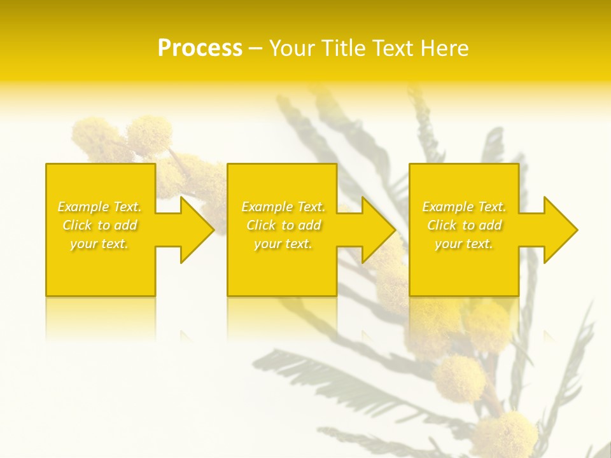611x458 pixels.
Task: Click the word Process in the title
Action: tap(200, 48)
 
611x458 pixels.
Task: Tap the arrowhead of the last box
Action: tap(559, 230)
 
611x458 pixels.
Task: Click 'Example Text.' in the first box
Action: tap(100, 207)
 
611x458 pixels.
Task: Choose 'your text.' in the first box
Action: tap(100, 244)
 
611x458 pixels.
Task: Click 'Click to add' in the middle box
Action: tap(283, 225)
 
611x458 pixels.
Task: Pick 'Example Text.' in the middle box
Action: tap(283, 207)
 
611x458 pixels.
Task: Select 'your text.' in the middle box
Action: tap(283, 244)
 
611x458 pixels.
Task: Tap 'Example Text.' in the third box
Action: tap(464, 207)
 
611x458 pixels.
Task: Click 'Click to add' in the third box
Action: tap(464, 225)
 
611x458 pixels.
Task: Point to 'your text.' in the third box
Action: tap(464, 244)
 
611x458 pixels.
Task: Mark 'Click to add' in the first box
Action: tap(100, 225)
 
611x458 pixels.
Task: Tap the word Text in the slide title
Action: tap(395, 48)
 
